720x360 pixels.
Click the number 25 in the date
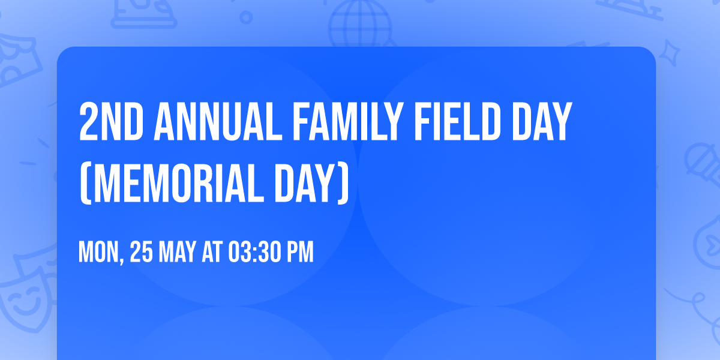tap(141, 253)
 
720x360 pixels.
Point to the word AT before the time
tap(212, 253)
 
